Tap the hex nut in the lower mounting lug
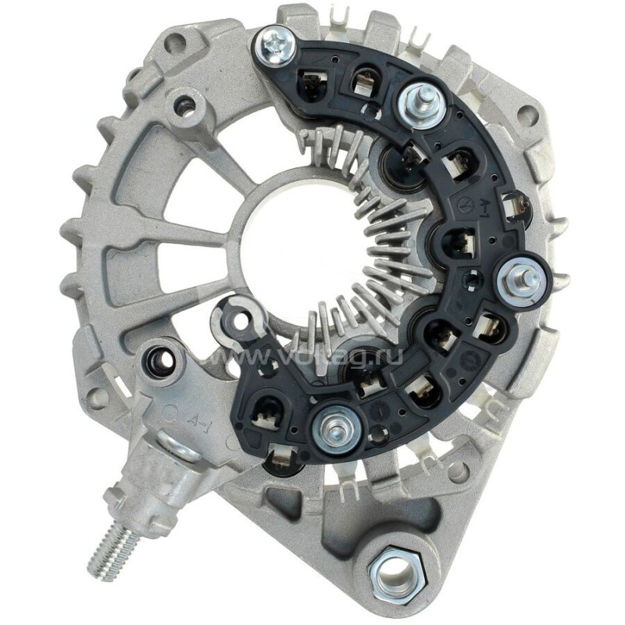[394, 577]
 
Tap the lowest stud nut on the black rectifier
[331, 427]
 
